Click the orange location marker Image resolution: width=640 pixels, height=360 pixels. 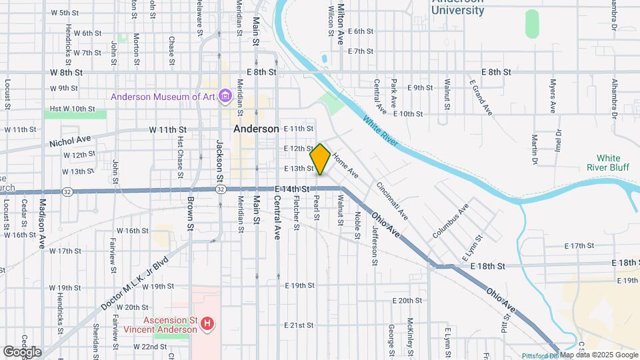click(321, 159)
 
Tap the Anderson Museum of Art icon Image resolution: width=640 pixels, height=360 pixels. click(225, 97)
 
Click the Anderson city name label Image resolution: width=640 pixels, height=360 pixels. click(256, 129)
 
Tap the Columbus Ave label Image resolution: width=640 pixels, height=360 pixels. click(450, 221)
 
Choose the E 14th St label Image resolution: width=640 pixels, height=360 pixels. click(292, 189)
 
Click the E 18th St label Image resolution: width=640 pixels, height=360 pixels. click(489, 265)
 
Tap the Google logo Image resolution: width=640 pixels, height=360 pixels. click(21, 351)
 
